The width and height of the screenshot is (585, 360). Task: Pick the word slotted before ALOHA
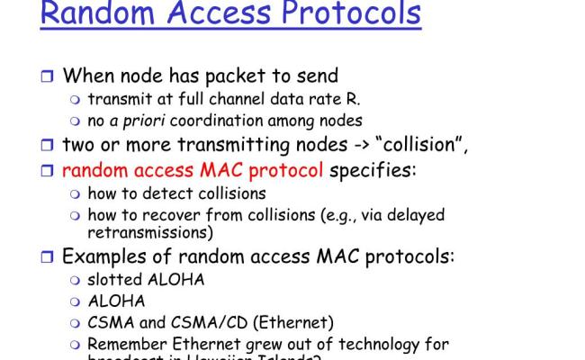click(x=118, y=279)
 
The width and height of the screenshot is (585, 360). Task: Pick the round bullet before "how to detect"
click(x=76, y=193)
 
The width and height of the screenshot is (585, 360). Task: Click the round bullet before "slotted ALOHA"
click(x=76, y=280)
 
